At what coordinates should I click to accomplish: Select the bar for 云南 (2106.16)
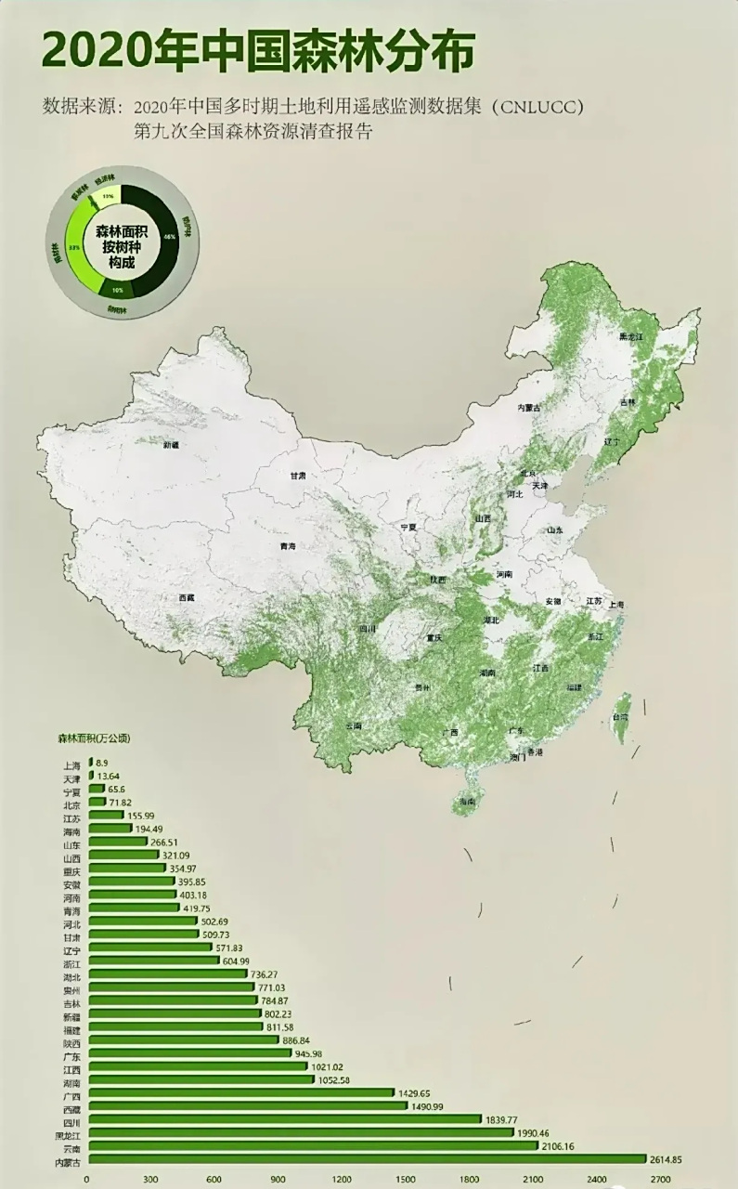(312, 1145)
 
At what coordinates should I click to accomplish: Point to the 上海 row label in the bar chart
(70, 766)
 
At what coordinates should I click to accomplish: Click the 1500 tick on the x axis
(405, 1180)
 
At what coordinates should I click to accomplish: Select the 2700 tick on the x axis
(659, 1180)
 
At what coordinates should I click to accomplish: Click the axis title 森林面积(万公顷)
(94, 739)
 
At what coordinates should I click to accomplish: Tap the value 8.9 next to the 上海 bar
(103, 763)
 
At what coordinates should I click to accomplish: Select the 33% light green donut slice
(78, 246)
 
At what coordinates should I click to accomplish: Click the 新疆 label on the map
(171, 445)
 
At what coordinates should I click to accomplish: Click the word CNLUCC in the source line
(536, 107)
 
